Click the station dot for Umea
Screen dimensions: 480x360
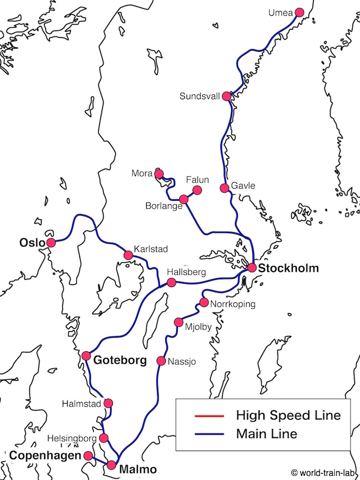click(x=299, y=13)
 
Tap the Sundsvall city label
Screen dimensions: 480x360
click(x=199, y=97)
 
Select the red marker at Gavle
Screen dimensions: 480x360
click(x=224, y=188)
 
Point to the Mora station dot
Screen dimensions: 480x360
click(x=159, y=174)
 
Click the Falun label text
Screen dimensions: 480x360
click(x=197, y=179)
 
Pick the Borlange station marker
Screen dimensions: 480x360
click(x=184, y=199)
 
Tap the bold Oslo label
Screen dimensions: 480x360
click(x=32, y=242)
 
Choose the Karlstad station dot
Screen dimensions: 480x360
click(x=129, y=255)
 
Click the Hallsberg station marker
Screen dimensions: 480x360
click(x=171, y=282)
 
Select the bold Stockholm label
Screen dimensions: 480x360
click(x=289, y=268)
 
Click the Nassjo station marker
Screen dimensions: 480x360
click(x=161, y=361)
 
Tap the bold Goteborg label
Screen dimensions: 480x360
click(x=120, y=361)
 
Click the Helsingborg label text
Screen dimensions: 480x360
click(x=71, y=438)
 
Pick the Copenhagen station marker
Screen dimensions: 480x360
click(x=87, y=455)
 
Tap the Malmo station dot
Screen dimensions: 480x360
click(x=112, y=465)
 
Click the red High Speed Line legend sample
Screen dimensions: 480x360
click(x=209, y=416)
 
